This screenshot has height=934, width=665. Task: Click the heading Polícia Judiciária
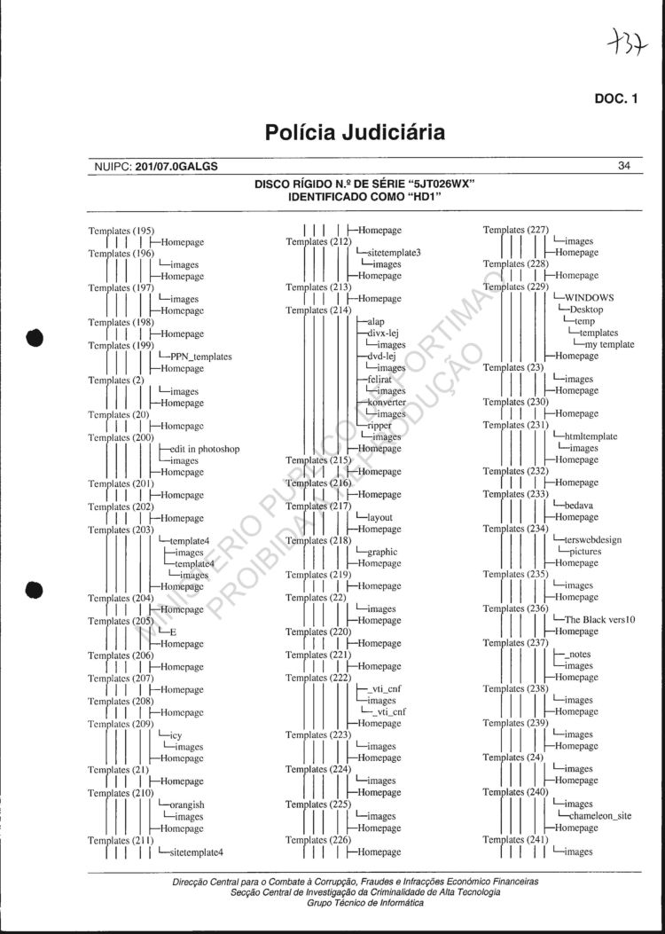point(354,133)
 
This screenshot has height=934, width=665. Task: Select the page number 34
point(623,166)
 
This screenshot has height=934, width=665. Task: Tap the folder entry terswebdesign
point(592,539)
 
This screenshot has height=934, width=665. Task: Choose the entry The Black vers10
point(600,620)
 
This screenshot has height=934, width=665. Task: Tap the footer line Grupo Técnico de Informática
point(353,903)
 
